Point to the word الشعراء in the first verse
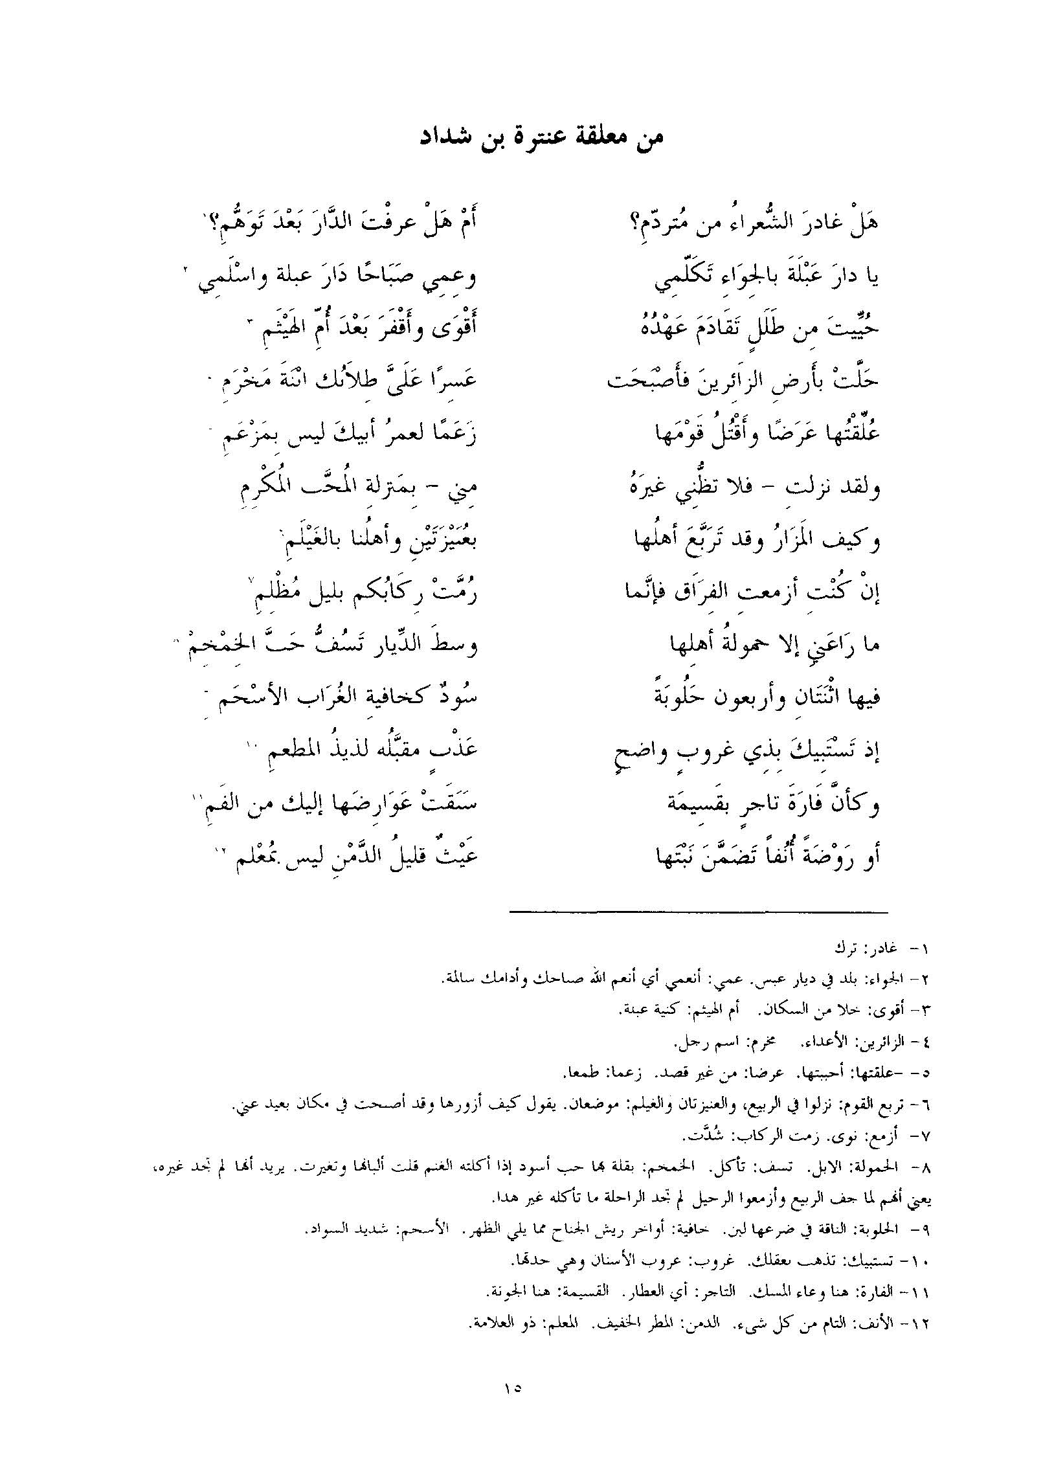pyautogui.click(x=757, y=225)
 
